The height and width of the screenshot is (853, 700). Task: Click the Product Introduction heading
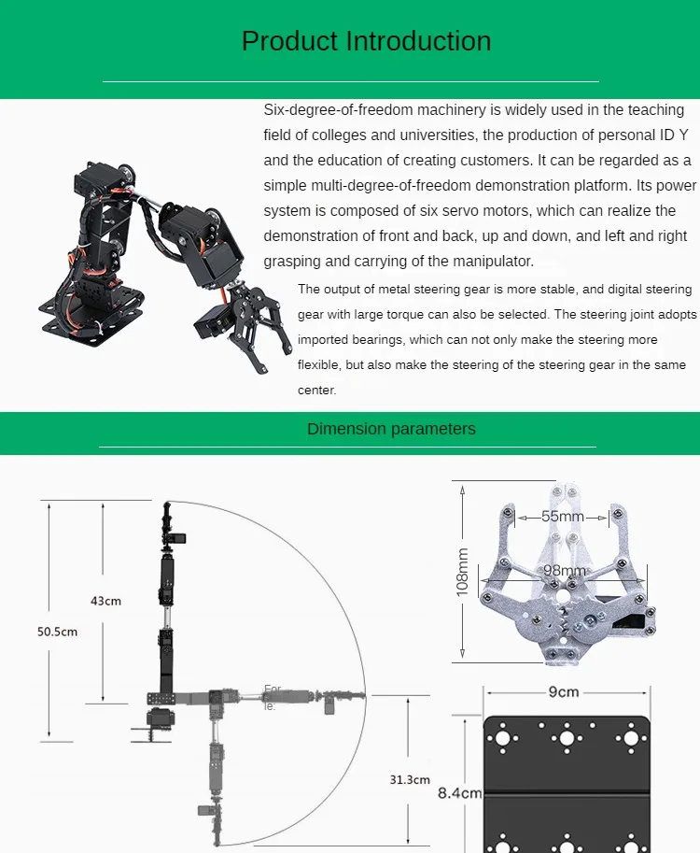pos(366,41)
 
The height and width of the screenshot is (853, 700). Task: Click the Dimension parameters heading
pos(391,429)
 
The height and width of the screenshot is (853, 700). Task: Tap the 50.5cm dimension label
pos(57,632)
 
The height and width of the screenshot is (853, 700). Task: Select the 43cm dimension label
pos(105,601)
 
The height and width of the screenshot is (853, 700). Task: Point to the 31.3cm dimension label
pos(410,779)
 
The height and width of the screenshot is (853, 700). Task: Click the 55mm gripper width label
pos(563,516)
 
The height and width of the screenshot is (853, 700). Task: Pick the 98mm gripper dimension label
pos(564,571)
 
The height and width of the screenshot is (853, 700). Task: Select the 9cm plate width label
pos(565,692)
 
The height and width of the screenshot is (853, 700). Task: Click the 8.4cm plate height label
pos(459,793)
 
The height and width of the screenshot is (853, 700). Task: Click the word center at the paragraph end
pos(316,391)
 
